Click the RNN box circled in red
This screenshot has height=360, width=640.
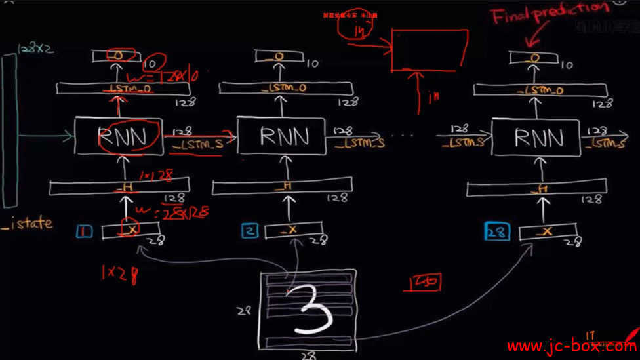point(118,137)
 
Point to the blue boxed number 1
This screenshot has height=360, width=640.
point(84,231)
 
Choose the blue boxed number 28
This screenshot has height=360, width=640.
point(496,231)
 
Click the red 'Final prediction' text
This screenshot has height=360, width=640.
point(550,13)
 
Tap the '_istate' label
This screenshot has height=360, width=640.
point(27,223)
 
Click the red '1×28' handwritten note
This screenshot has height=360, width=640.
point(119,273)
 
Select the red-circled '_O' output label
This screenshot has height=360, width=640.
point(119,56)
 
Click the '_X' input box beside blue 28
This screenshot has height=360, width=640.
point(548,231)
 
